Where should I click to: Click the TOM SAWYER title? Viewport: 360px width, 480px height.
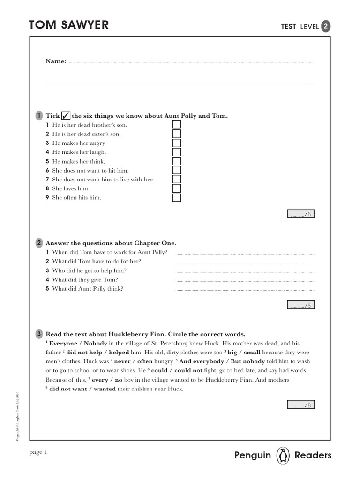[68, 25]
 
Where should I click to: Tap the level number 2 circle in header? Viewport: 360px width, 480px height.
[326, 27]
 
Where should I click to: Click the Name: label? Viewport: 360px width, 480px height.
[56, 61]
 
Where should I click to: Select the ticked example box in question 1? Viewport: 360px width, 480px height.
[66, 116]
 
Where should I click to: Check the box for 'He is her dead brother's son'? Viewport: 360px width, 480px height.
[177, 125]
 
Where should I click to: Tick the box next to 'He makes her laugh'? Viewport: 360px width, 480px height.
[177, 152]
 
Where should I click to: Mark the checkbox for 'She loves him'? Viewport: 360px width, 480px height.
[177, 188]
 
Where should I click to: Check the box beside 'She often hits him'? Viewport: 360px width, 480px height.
[177, 197]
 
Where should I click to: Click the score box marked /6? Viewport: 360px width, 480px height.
[300, 214]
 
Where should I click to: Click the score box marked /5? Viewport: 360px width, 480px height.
[300, 306]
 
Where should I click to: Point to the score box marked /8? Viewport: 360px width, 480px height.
[300, 405]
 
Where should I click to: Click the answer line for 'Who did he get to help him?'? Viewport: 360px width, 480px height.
[244, 271]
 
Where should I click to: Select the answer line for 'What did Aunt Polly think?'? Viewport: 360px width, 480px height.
[244, 289]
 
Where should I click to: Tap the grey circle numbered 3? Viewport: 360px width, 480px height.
[39, 334]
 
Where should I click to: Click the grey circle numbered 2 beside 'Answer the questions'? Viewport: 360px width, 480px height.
[39, 243]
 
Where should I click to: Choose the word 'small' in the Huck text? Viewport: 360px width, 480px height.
[252, 352]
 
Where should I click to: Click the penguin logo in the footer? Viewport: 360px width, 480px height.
[283, 455]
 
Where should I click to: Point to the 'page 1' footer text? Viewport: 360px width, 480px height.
[38, 452]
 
